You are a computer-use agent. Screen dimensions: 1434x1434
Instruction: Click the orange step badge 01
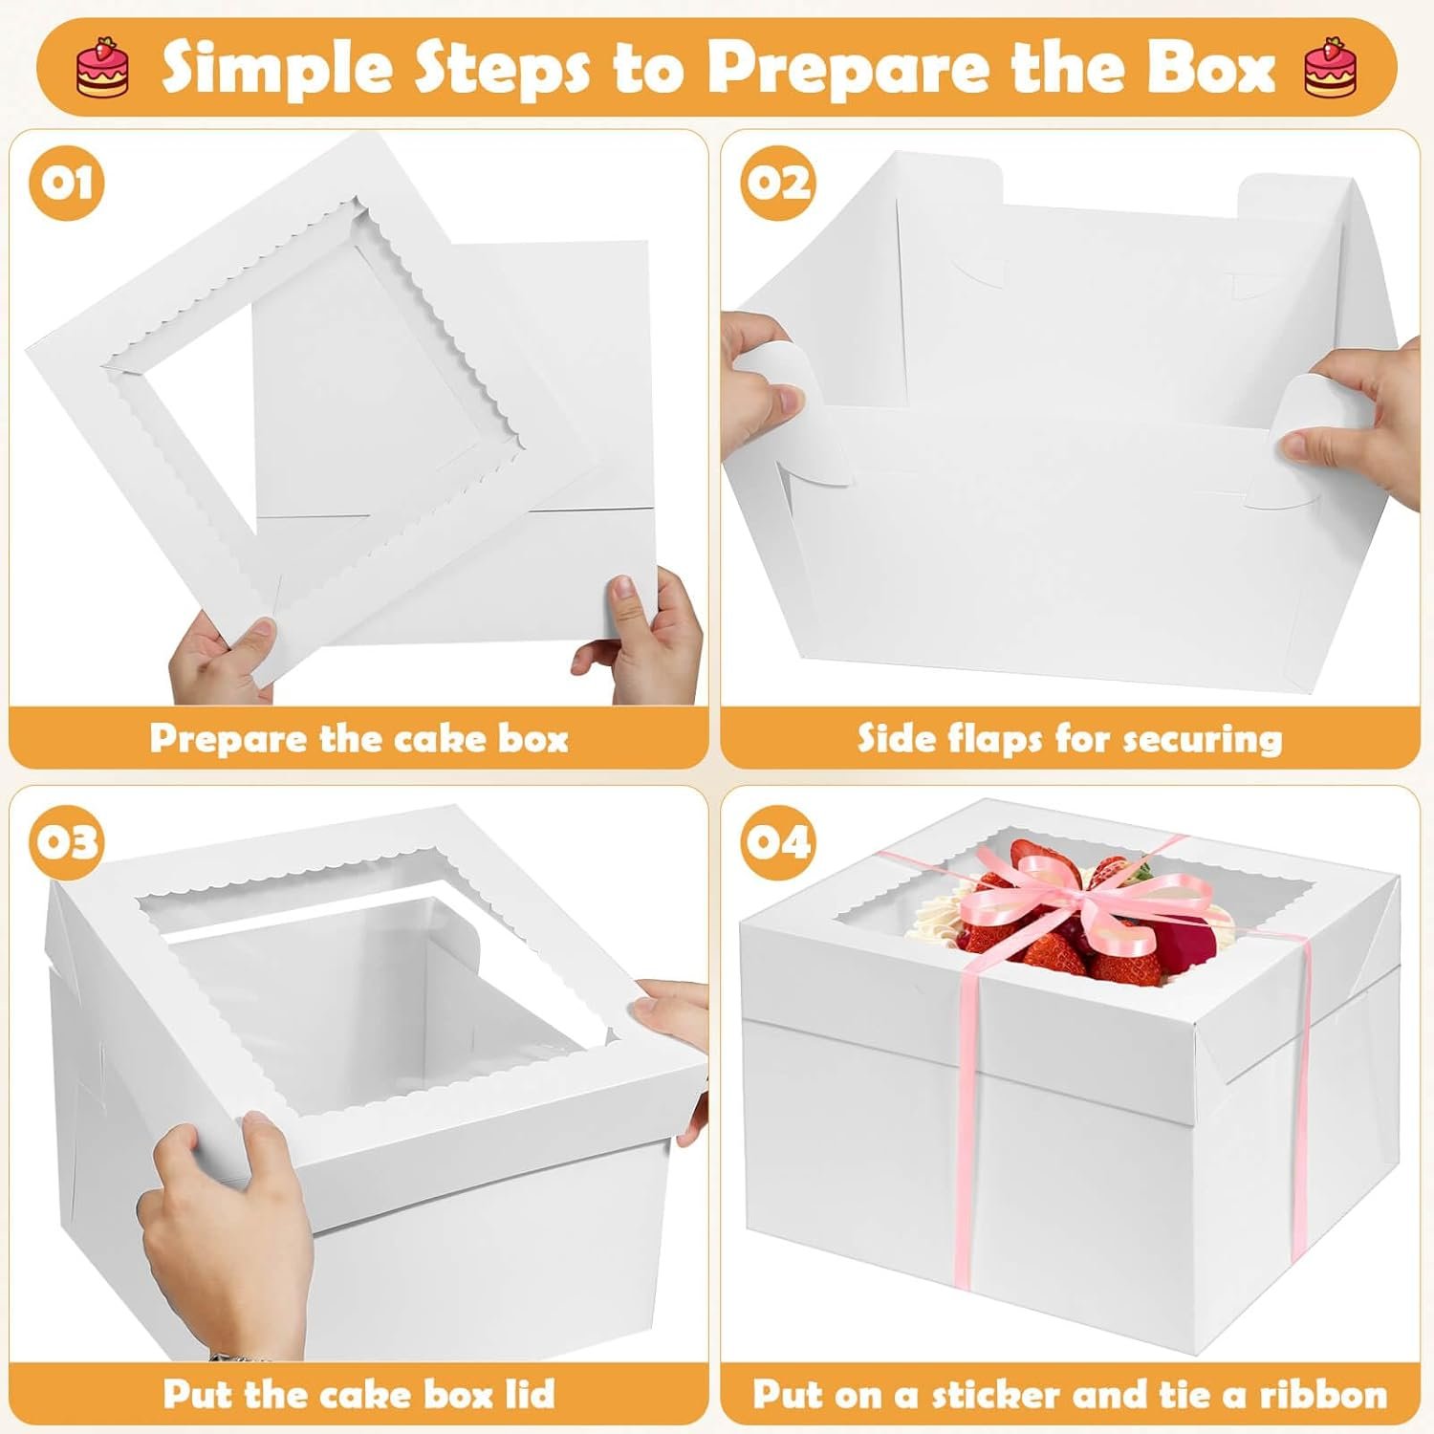tap(66, 183)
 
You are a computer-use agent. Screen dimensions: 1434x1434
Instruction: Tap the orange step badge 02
tap(778, 183)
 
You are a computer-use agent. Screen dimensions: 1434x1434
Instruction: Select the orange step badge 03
tap(66, 842)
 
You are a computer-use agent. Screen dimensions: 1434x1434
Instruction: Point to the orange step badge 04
tap(778, 842)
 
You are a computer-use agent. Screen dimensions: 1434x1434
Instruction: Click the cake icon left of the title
tap(102, 67)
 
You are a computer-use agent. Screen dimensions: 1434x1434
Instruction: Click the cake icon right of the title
tap(1330, 67)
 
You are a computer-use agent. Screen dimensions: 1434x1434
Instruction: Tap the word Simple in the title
tap(268, 67)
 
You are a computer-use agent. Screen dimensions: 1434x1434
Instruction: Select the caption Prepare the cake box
tap(358, 738)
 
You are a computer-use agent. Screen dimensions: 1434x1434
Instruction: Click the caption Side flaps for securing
tap(1069, 738)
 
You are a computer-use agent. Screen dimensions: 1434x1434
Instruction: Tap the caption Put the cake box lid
tap(358, 1394)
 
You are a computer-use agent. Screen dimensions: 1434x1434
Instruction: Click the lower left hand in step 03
tap(225, 1233)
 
